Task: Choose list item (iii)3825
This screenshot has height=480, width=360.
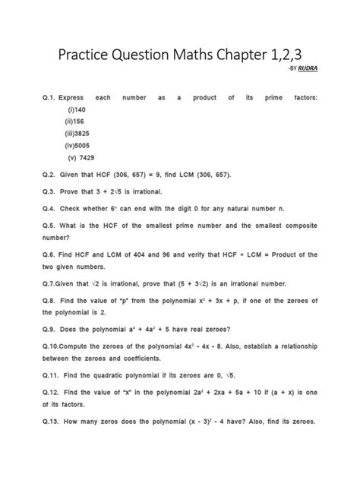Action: [81, 134]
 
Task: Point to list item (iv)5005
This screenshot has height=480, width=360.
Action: [81, 146]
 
